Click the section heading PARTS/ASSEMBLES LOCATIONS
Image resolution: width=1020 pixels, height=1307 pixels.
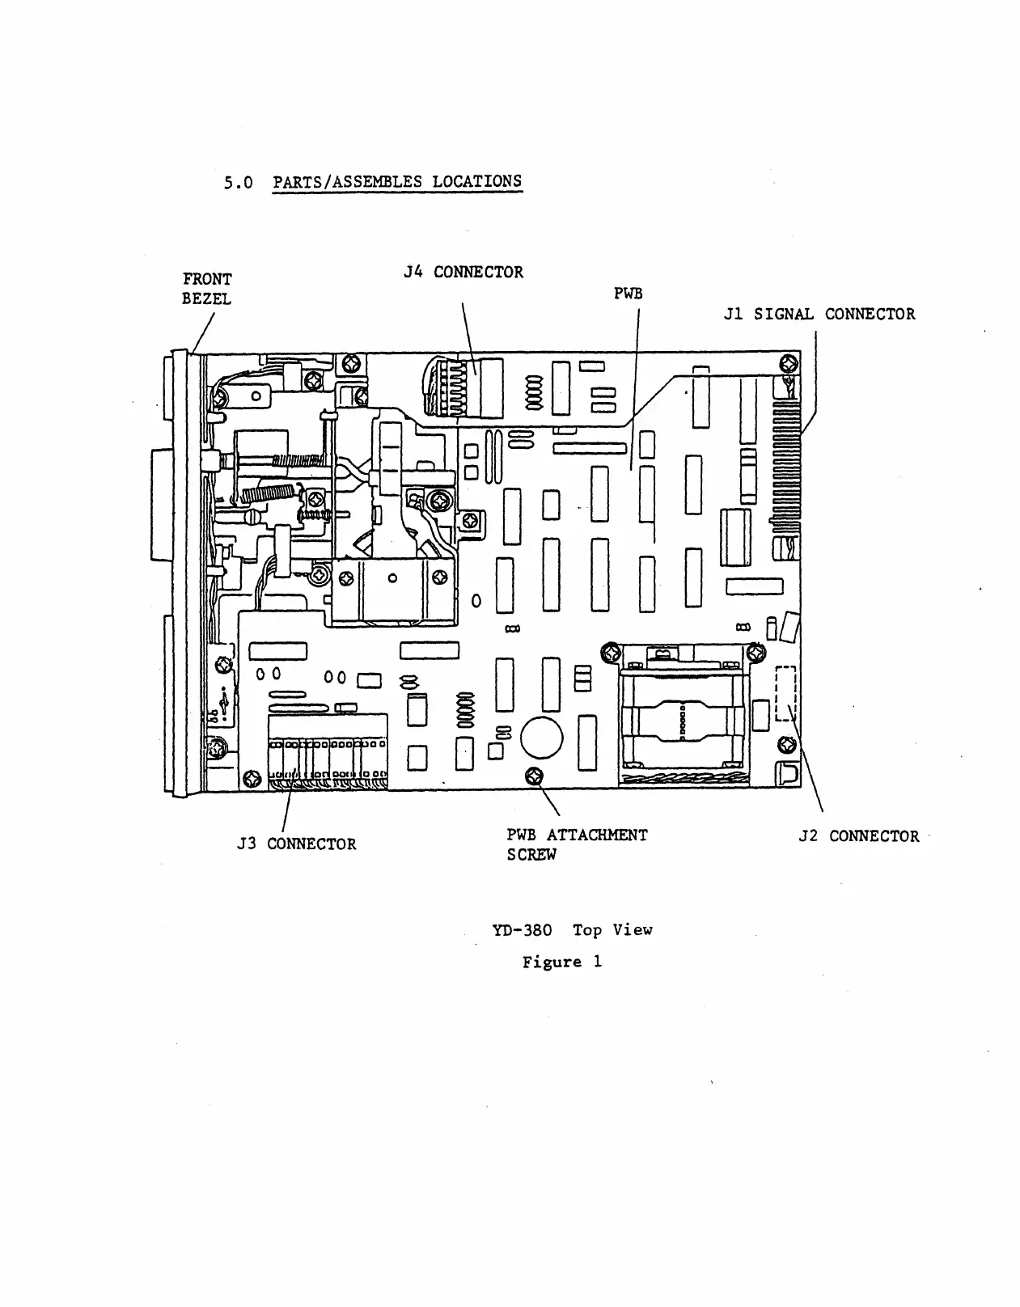click(397, 181)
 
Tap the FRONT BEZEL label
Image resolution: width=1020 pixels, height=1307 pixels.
click(207, 289)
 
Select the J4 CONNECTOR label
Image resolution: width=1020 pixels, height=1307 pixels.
click(463, 273)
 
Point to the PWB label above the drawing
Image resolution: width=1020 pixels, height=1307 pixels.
click(629, 294)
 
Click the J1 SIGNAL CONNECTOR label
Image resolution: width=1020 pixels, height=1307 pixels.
click(819, 314)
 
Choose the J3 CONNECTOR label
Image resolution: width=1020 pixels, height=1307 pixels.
click(296, 844)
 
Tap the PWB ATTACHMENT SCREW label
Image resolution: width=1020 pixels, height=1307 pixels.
click(577, 844)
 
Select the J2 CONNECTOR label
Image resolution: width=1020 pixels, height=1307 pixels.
click(859, 836)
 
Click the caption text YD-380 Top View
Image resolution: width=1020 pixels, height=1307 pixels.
click(572, 930)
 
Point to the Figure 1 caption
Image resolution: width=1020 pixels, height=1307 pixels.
click(562, 962)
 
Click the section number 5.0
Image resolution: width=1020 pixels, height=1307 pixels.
click(238, 183)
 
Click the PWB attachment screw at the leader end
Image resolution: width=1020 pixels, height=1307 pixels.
click(533, 776)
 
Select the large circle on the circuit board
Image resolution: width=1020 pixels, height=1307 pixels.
click(541, 736)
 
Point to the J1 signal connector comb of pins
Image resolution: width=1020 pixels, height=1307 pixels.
click(786, 469)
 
